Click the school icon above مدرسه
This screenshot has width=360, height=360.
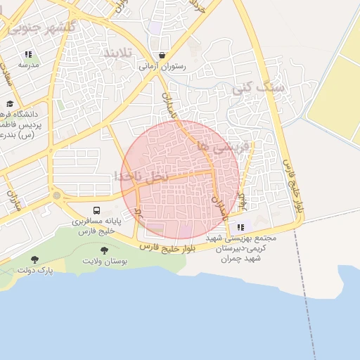tap(28, 54)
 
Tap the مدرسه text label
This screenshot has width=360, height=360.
tap(28, 65)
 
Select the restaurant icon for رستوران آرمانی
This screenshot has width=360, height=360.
tap(163, 55)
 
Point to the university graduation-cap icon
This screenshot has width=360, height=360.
tap(29, 103)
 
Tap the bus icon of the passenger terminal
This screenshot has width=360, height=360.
tap(96, 210)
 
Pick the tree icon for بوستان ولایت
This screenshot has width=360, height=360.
tap(105, 250)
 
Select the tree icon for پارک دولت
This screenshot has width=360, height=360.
tap(35, 259)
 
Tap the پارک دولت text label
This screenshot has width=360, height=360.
tap(35, 270)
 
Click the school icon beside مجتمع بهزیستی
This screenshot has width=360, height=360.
tap(241, 227)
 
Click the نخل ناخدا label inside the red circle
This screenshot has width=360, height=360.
tap(141, 176)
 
